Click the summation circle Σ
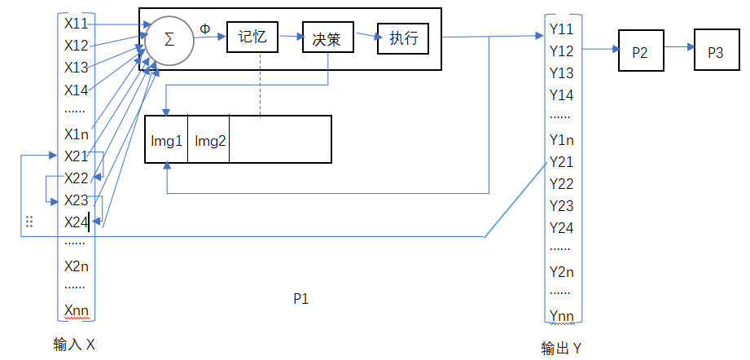169,40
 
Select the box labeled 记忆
252,37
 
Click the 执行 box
402,37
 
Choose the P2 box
640,51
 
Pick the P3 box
715,51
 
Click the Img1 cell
166,140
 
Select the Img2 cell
209,140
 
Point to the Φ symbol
204,28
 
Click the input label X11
77,24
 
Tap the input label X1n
77,134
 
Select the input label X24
77,222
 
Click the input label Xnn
77,310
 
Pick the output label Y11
561,29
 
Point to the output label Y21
561,161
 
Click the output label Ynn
561,316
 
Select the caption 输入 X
74,345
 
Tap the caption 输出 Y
561,349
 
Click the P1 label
300,299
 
